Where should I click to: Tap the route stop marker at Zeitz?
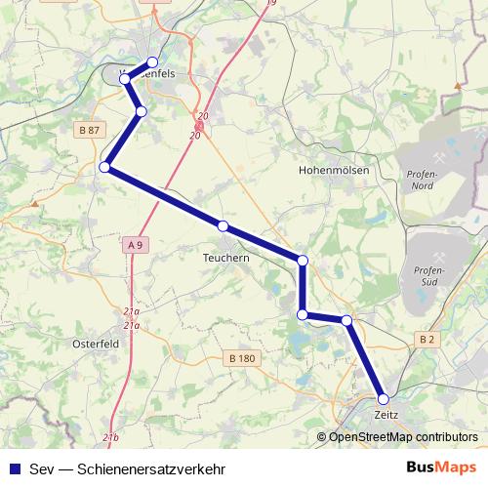coord(384,399)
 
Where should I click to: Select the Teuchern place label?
coord(226,259)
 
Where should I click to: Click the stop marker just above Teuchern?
coord(224,226)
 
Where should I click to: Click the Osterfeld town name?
coord(96,343)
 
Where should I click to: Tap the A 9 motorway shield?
coord(135,245)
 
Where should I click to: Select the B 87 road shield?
coord(88,130)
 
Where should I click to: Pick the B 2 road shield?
coord(427,339)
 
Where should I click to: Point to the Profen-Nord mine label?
coord(423,180)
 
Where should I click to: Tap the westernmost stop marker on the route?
coord(104,168)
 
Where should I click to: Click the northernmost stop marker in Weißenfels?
coord(152,63)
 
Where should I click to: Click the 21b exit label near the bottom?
coord(109,438)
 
